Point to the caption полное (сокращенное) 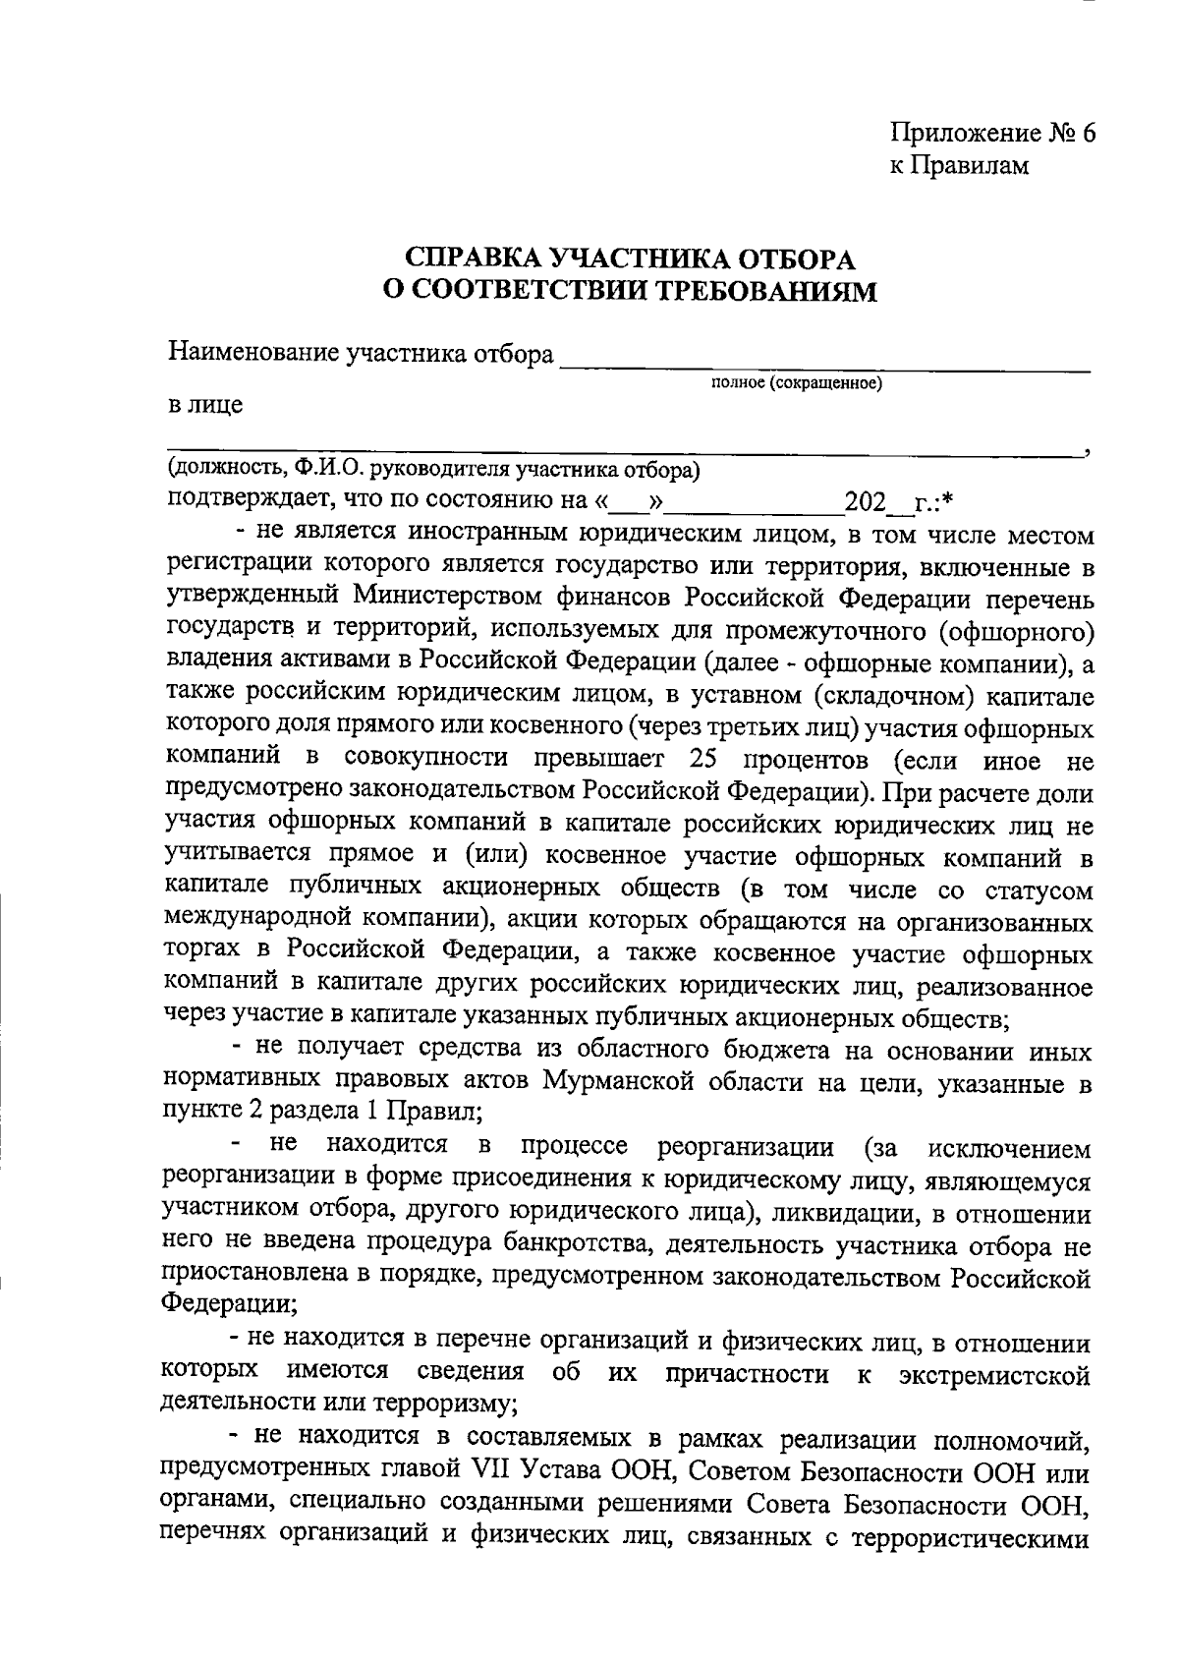pos(796,382)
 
